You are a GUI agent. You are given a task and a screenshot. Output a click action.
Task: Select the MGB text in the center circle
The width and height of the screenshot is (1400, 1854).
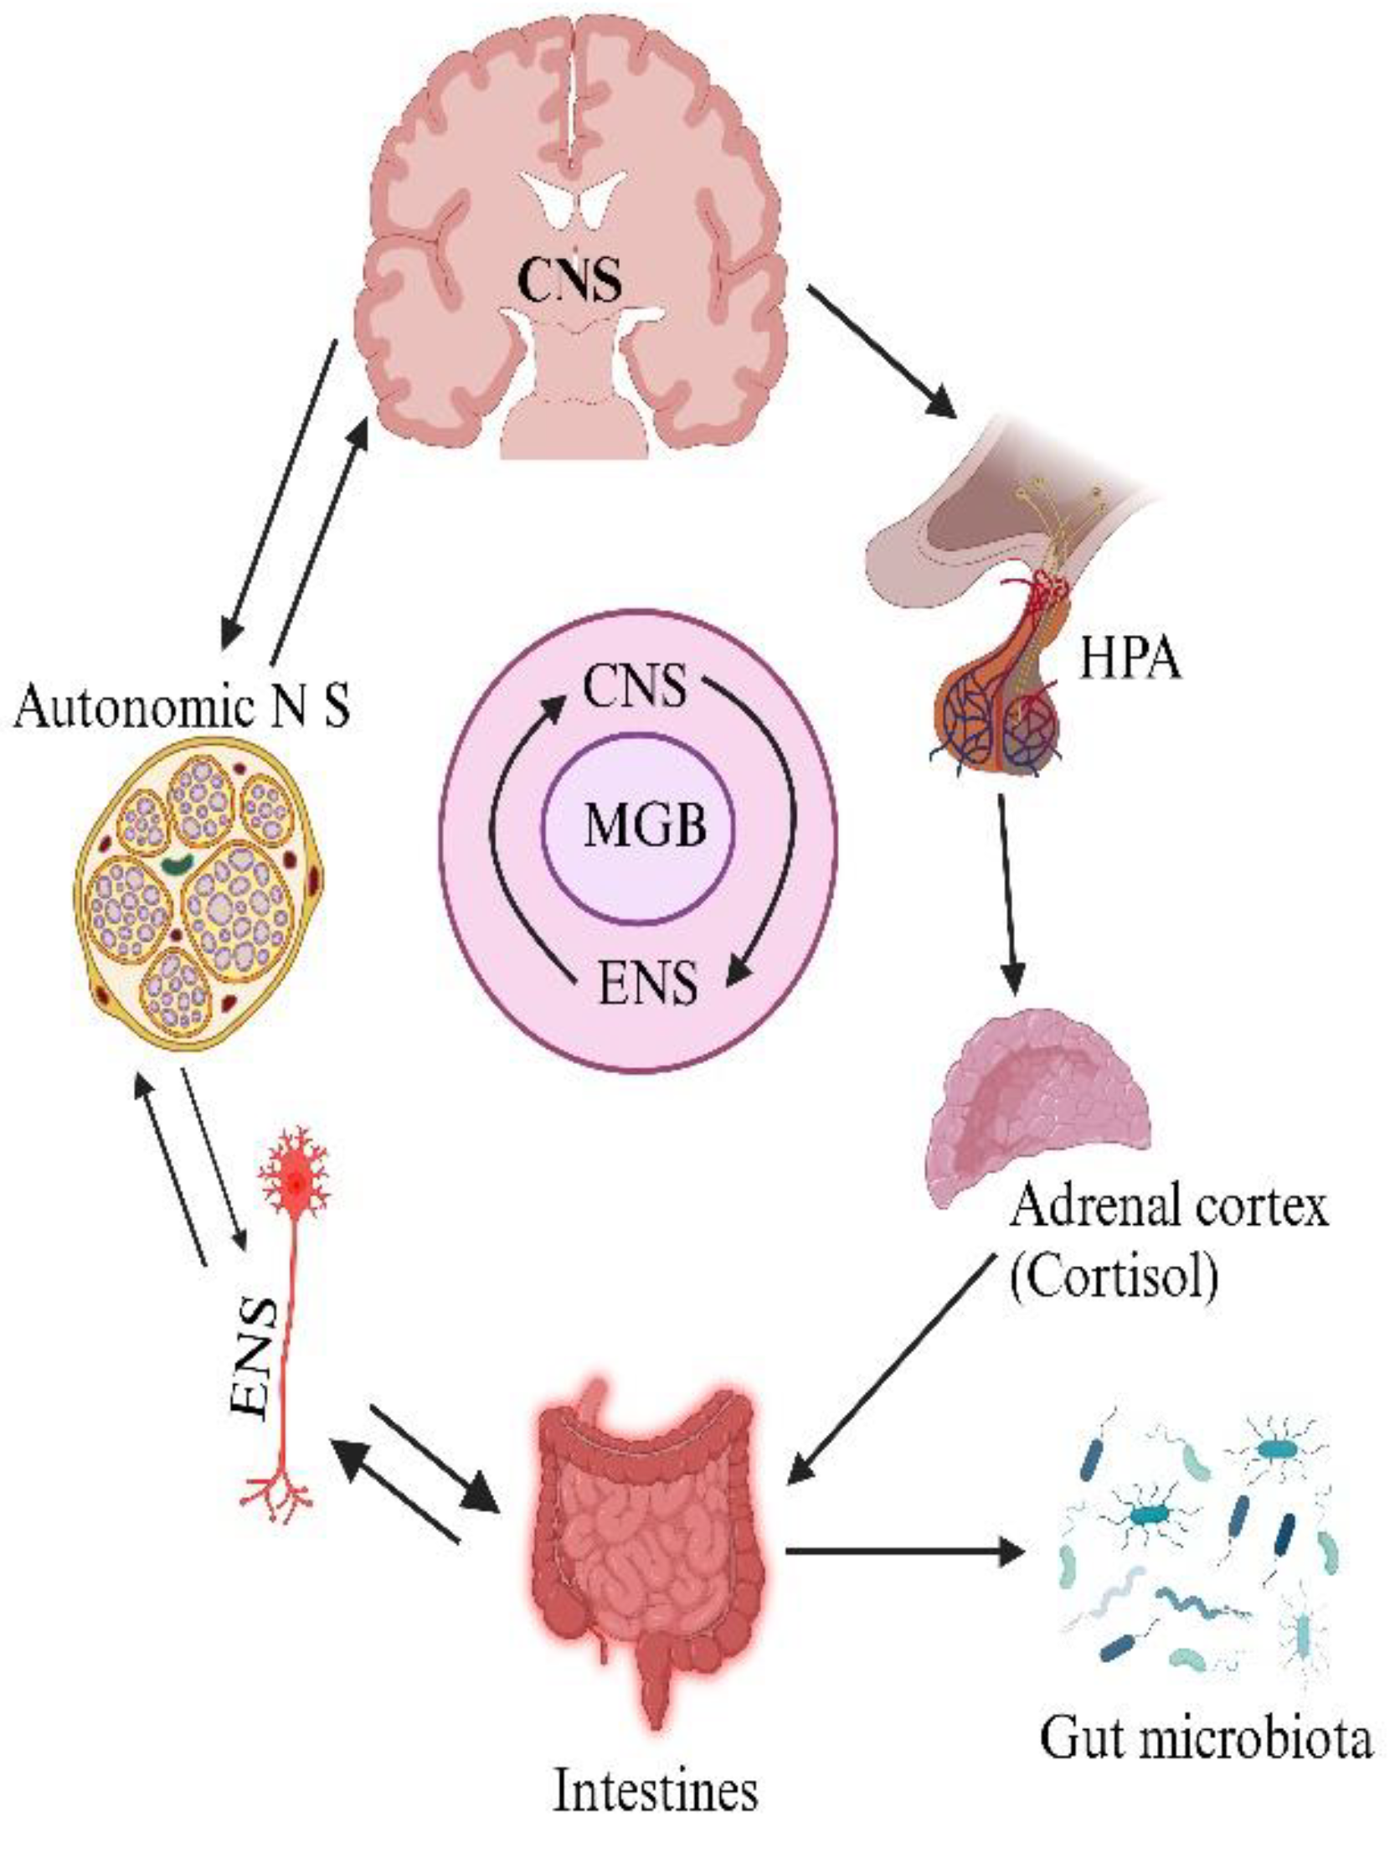click(644, 825)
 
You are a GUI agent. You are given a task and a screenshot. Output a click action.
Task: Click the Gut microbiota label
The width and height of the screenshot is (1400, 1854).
click(1206, 1739)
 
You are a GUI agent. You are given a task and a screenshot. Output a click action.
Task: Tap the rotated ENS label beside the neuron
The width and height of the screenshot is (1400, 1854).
click(255, 1359)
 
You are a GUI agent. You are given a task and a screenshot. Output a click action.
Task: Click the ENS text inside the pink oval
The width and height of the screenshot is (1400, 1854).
click(646, 983)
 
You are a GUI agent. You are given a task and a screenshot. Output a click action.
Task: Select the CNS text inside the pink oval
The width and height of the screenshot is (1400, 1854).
click(634, 687)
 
